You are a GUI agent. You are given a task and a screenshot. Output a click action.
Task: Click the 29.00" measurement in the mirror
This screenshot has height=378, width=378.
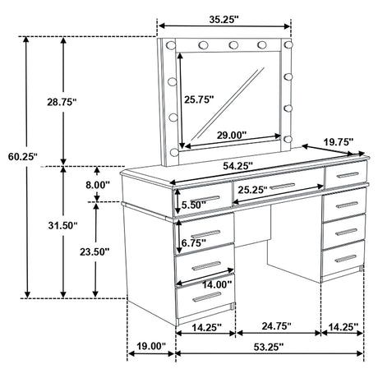(x=235, y=133)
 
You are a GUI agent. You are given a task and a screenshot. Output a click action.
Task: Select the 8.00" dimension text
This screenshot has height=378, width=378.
(x=97, y=186)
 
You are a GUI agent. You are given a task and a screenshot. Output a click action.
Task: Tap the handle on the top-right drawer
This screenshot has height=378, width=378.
(x=346, y=177)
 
